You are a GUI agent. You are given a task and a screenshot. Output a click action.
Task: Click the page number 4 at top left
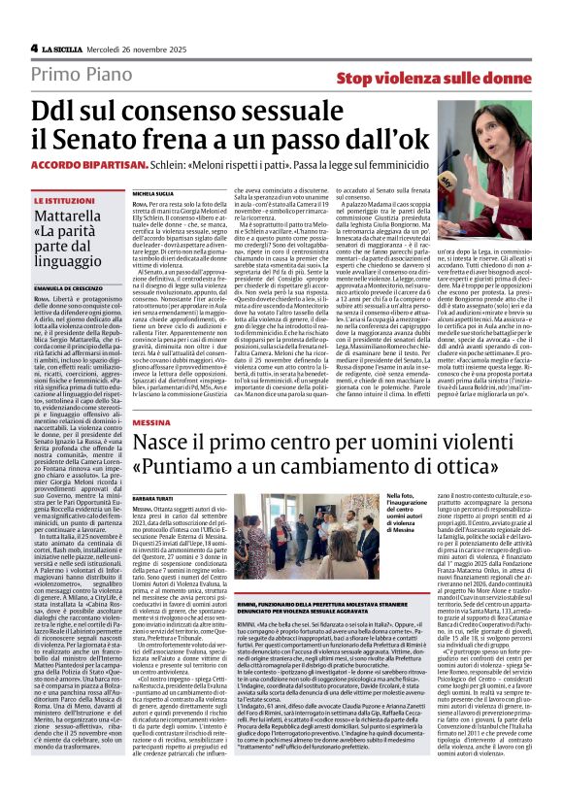tap(34, 47)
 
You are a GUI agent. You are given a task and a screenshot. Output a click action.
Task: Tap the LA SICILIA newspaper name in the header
tap(63, 47)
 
